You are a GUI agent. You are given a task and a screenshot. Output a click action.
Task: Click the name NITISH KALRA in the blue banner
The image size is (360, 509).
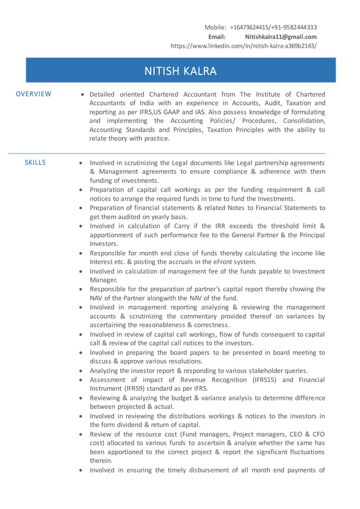[x=181, y=71]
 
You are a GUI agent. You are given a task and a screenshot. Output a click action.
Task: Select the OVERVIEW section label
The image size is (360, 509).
[x=33, y=94]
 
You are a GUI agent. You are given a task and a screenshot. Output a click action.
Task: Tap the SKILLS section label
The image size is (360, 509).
[x=35, y=163]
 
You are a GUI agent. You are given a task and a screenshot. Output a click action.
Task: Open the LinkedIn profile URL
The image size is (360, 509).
[x=243, y=46]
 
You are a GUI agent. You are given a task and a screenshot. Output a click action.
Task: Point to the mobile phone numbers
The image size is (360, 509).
[x=274, y=27]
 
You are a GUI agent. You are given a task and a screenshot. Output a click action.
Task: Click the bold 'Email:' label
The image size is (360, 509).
[x=217, y=37]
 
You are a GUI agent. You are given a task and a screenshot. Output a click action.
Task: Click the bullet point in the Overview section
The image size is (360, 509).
[x=83, y=95]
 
